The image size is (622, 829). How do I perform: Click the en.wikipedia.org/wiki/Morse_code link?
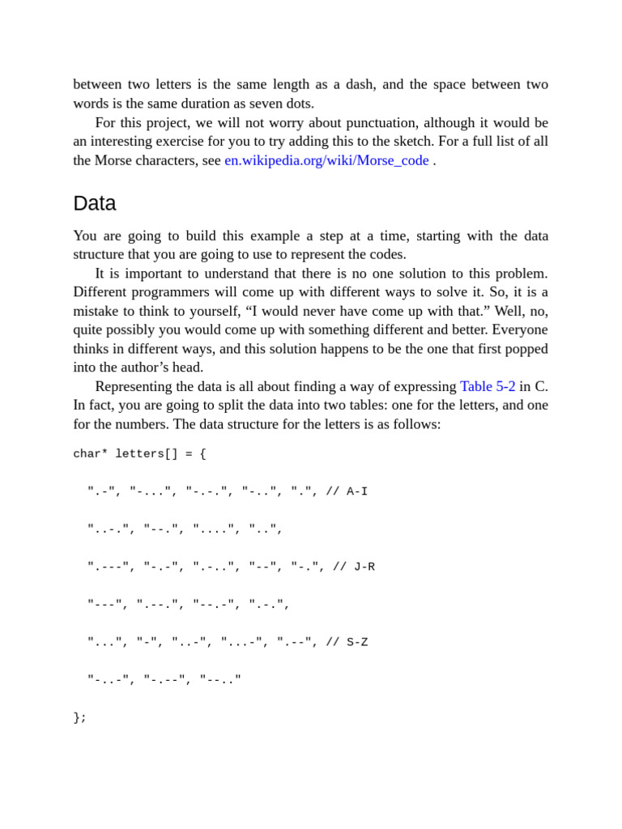[x=326, y=160]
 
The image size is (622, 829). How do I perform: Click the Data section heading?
[x=95, y=203]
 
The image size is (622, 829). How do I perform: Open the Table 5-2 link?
[x=488, y=386]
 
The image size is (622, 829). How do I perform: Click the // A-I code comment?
[x=347, y=491]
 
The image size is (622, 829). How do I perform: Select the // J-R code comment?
[x=354, y=567]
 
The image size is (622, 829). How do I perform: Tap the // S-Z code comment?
[x=347, y=642]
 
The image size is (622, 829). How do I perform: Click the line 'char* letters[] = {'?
[x=139, y=454]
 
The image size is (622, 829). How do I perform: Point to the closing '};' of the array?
[x=79, y=717]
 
